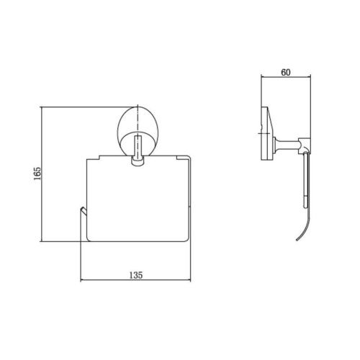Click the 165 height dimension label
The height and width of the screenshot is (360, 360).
pos(37,174)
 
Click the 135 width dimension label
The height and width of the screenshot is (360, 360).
pos(136,275)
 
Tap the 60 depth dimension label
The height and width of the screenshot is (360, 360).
pos(286,73)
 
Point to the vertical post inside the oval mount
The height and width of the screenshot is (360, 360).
pos(138,147)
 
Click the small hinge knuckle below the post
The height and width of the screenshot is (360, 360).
pos(138,161)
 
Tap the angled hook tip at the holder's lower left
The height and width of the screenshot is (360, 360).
pos(83,210)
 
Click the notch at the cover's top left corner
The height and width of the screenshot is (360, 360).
pos(99,157)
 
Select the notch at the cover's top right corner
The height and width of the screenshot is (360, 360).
pos(177,158)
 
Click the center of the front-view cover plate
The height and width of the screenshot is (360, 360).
pos(138,199)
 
